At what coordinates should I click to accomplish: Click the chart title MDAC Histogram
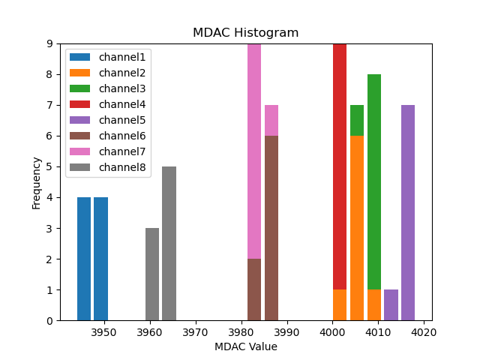point(245,33)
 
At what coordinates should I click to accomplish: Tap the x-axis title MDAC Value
point(245,346)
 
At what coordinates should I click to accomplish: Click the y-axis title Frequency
point(36,182)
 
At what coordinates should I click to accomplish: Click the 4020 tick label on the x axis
point(424,331)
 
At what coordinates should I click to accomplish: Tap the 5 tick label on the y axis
point(49,166)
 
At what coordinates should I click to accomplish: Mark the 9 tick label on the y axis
point(49,43)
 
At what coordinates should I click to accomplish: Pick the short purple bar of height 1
point(391,305)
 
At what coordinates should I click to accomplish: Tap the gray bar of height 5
point(169,244)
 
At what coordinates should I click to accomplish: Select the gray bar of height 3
point(152,274)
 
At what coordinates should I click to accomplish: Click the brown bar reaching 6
point(271,228)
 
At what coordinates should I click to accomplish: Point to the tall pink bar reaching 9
point(254,151)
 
